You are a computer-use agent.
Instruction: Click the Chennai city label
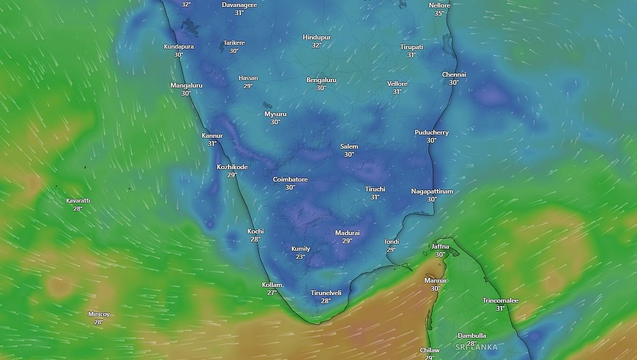[454, 75]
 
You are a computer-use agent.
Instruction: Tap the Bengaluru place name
[321, 80]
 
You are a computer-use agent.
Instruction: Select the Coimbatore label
[290, 179]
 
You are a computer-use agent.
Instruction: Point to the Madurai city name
[347, 233]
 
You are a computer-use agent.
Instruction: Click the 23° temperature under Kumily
[300, 257]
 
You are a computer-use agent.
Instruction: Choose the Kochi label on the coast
[256, 231]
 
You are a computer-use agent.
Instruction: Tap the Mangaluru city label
[186, 85]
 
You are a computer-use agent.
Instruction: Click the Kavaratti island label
[78, 201]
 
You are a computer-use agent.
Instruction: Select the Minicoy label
[99, 314]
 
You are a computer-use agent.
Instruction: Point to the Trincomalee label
[500, 301]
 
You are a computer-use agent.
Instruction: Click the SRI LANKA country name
[476, 347]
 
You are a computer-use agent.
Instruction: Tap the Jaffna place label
[440, 246]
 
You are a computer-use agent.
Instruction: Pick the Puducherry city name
[431, 132]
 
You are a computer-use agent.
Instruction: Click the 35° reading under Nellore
[439, 13]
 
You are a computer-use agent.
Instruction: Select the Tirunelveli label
[326, 293]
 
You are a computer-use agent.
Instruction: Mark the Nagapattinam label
[432, 191]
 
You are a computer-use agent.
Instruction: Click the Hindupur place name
[317, 37]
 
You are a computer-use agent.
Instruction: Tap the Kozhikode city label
[232, 167]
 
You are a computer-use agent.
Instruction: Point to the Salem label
[349, 146]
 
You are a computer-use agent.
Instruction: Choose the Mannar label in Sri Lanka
[435, 281]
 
